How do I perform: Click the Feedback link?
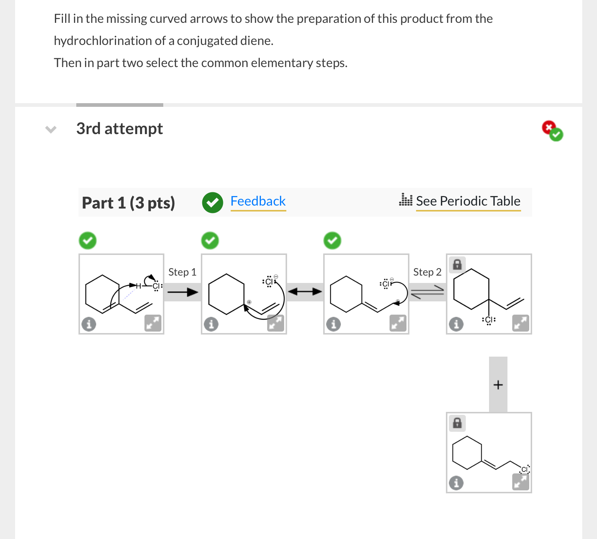pyautogui.click(x=258, y=201)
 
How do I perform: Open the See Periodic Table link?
pyautogui.click(x=468, y=201)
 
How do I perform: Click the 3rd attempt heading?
pyautogui.click(x=119, y=129)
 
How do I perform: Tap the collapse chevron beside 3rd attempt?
pyautogui.click(x=51, y=129)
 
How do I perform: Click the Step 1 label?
pyautogui.click(x=182, y=272)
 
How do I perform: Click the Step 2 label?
pyautogui.click(x=427, y=272)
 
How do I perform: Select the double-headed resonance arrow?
pyautogui.click(x=305, y=292)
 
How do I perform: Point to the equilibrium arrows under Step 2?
pyautogui.click(x=427, y=292)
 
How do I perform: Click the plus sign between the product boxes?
pyautogui.click(x=498, y=385)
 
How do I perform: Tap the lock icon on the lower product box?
pyautogui.click(x=457, y=423)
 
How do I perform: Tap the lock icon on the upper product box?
pyautogui.click(x=457, y=264)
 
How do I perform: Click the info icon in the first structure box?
pyautogui.click(x=89, y=324)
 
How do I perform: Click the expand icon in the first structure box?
pyautogui.click(x=153, y=323)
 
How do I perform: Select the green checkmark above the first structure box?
pyautogui.click(x=88, y=241)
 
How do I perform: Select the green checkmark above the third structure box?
pyautogui.click(x=332, y=241)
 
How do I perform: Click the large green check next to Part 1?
pyautogui.click(x=212, y=202)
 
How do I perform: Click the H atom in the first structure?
pyautogui.click(x=139, y=286)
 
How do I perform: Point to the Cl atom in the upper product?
pyautogui.click(x=489, y=319)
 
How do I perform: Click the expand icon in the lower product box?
pyautogui.click(x=520, y=482)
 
